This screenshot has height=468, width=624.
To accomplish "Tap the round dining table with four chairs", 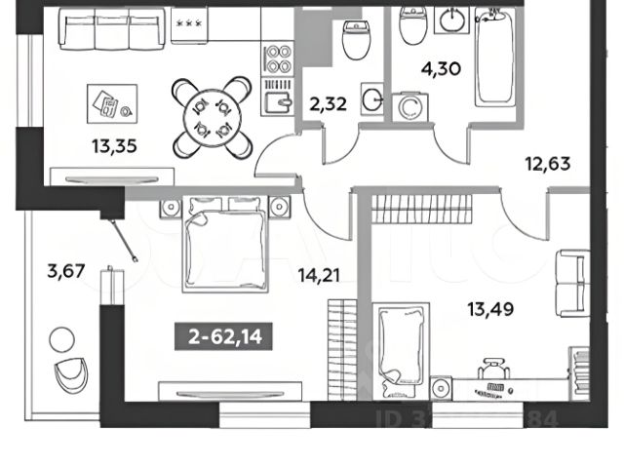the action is (212, 116).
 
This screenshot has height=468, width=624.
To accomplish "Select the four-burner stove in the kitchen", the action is (280, 59).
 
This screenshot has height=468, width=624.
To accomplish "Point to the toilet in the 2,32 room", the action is (355, 39).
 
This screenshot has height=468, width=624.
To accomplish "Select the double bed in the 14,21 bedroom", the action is (224, 240).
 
